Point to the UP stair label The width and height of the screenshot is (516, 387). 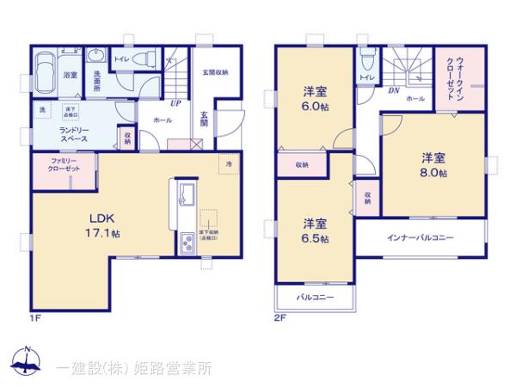click(x=175, y=102)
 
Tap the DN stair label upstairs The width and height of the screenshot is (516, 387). click(x=393, y=89)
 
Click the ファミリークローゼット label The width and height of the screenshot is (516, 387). click(x=57, y=166)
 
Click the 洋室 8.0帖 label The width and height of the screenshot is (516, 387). click(x=433, y=164)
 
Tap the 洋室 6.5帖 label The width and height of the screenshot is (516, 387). click(x=315, y=230)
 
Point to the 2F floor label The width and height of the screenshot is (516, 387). click(x=279, y=318)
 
